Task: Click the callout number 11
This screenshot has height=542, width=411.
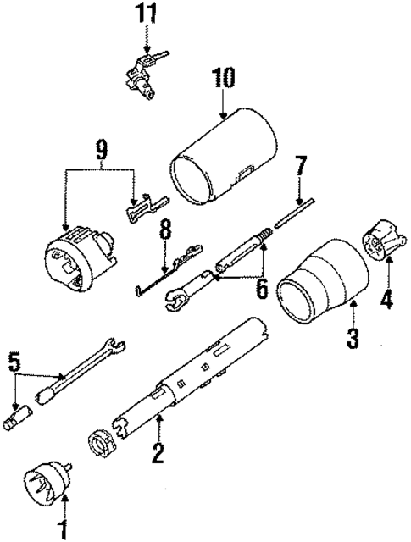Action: [149, 14]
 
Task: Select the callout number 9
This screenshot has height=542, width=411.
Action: [101, 151]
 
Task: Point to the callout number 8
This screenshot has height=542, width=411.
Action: [164, 230]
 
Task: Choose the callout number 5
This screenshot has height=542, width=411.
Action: [12, 362]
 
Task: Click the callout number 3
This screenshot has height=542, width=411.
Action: [353, 339]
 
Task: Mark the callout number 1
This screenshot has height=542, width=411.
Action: [61, 529]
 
